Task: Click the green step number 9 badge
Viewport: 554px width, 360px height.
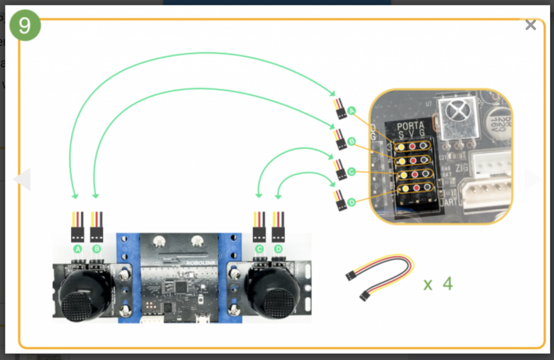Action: point(25,25)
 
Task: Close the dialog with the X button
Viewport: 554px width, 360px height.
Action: point(531,25)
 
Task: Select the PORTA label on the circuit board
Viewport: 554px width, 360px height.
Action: point(411,126)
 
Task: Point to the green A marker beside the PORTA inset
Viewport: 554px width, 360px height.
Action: point(352,111)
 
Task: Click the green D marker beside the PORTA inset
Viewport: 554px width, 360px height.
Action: point(352,202)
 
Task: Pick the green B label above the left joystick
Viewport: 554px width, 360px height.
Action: point(97,249)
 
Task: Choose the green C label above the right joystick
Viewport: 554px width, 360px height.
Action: point(259,249)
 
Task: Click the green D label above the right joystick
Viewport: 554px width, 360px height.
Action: point(279,249)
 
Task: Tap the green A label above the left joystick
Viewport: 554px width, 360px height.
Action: point(77,249)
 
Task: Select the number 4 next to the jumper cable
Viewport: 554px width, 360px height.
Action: point(448,284)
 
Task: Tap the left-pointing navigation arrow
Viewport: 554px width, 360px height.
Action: point(23,179)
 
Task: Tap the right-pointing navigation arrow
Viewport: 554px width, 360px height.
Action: point(531,179)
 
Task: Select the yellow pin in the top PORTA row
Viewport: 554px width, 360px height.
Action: point(401,146)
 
